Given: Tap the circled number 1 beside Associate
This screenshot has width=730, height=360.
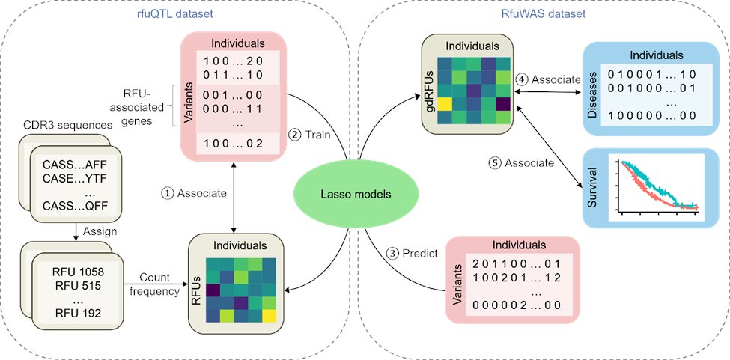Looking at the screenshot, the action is point(166,193).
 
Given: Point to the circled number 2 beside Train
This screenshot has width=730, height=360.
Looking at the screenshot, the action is point(295,135).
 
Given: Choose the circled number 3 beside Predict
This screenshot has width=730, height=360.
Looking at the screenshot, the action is point(394,254).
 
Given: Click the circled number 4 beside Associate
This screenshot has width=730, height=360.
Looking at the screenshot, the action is point(521,80).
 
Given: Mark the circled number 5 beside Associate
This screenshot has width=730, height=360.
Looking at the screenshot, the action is point(494,163).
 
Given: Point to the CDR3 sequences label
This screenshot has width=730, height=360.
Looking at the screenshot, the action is point(67,126).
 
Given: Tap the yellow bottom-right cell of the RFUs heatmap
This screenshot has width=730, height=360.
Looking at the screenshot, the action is point(269,316).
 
